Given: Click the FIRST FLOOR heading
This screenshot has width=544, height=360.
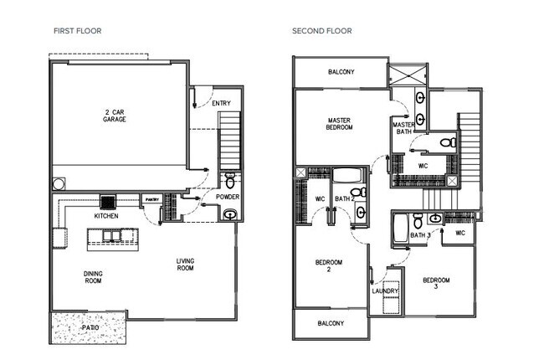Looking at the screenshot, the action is pos(78,31).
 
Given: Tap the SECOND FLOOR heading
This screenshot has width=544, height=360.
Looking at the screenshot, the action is pos(322,31).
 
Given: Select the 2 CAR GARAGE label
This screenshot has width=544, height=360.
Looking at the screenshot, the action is pos(115,116).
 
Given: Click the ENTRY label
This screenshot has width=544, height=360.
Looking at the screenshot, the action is pos(221,103).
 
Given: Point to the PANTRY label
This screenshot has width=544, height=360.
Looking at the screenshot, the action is pos(152,199).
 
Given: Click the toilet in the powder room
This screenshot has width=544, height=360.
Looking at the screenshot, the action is pos(229,180).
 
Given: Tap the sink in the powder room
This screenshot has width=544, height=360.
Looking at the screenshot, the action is pos(229,214).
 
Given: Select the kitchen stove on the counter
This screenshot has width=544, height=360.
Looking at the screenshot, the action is pos(108,202).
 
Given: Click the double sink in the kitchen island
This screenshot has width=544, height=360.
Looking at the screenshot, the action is pos(111,236).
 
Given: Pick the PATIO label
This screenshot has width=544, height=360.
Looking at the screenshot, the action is pos(90,327).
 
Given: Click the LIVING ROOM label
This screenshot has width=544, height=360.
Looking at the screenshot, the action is pos(185,265).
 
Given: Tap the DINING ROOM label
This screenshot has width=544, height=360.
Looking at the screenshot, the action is pos(93,277).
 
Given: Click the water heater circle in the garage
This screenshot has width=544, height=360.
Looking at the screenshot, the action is pos(59,184).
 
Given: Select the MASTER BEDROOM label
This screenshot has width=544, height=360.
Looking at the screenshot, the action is pos(339,124).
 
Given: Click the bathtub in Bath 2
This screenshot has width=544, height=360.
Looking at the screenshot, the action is pos(347,175).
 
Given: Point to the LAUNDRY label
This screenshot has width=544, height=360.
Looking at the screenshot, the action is pos(385,291).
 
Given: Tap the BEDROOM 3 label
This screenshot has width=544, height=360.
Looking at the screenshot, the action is pos(436,283).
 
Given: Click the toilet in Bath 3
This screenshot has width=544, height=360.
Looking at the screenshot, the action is pos(418,221).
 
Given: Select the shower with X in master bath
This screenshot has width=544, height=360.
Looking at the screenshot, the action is pos(408,74).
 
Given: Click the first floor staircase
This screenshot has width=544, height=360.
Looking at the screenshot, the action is pos(229,141).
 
